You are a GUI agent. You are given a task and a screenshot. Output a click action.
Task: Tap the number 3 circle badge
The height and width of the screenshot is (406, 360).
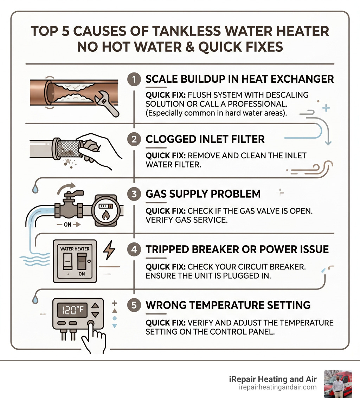coord(134,194)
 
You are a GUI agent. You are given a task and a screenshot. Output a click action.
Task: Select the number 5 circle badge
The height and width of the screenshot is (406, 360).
coord(134,305)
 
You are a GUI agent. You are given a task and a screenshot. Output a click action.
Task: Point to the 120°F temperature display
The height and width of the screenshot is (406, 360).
coord(71,310)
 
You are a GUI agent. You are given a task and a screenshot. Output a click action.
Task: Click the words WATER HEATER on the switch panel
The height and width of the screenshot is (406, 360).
coord(75,249)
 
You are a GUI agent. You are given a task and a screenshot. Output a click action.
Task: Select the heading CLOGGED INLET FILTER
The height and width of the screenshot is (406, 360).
coord(205,139)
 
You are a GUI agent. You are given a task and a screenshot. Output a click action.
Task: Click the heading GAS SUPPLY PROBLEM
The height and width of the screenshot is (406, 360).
coord(203,194)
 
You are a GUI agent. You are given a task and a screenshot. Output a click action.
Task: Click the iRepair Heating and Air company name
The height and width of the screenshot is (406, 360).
coord(272,379)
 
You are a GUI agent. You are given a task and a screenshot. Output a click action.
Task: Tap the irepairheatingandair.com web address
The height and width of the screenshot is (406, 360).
coord(278,387)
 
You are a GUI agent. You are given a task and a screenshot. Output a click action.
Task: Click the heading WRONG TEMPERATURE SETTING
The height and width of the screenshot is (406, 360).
coord(228,305)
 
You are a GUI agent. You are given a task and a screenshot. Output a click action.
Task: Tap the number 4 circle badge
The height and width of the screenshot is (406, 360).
coord(134,249)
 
